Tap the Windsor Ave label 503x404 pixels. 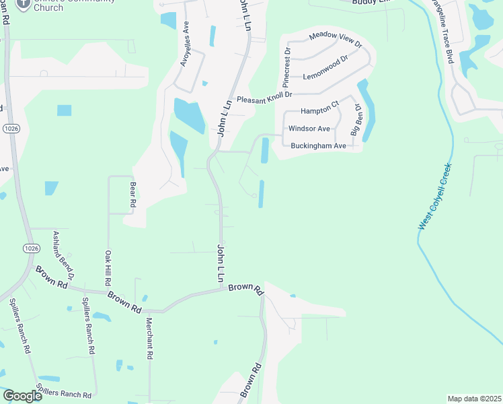[x=309, y=128]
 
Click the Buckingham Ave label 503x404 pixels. [x=318, y=145]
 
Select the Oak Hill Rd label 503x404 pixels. [x=108, y=267]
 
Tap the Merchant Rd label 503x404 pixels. [x=150, y=337]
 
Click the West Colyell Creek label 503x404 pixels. [x=434, y=196]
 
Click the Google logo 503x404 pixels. [x=22, y=396]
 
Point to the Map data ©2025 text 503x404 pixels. [x=474, y=399]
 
